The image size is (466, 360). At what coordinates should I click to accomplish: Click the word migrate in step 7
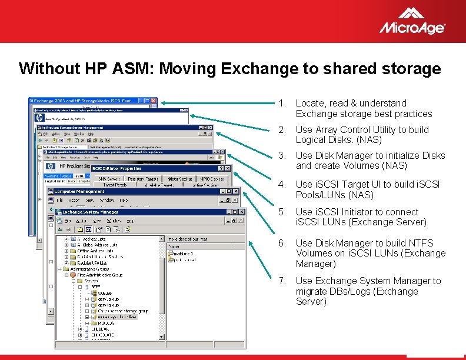[312, 291]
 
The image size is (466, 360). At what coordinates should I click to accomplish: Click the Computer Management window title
[79, 191]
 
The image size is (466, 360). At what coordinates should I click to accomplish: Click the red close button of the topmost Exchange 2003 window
[153, 101]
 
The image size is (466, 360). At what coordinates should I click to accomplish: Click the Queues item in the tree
[105, 292]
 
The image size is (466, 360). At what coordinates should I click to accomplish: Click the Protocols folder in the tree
[106, 323]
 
